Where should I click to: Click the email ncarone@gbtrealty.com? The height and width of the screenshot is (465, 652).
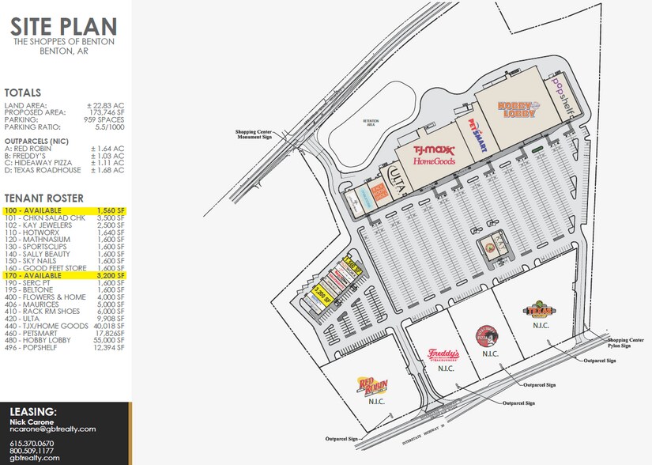53,429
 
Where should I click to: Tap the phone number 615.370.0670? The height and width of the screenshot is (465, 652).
32,443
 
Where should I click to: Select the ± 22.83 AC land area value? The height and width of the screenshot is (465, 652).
106,106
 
